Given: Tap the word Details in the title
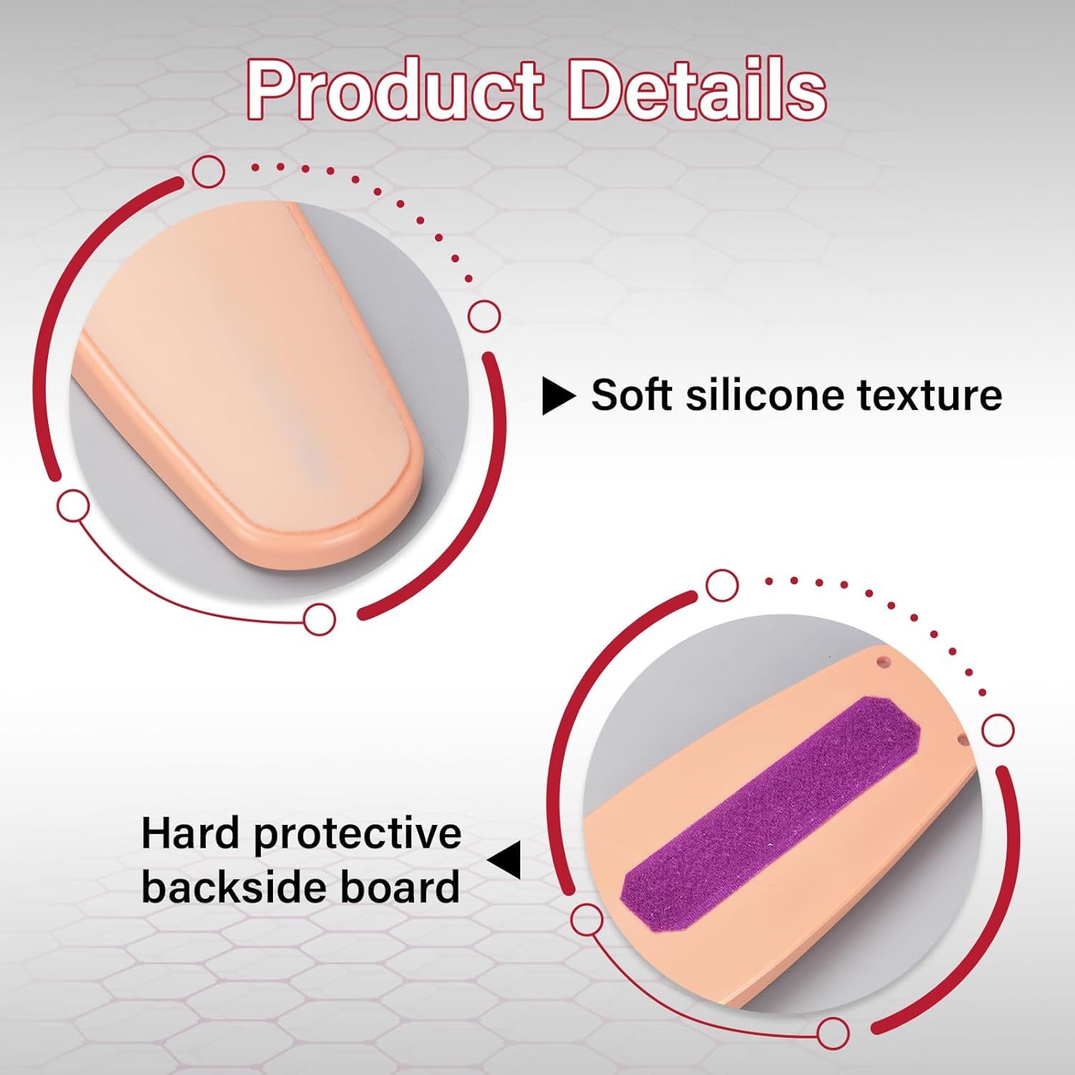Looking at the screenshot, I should [697, 92].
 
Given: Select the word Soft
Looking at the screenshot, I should [628, 395].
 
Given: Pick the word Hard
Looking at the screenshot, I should [189, 833].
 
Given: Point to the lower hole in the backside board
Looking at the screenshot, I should [964, 736].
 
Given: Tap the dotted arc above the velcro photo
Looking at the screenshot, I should [889, 609].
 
